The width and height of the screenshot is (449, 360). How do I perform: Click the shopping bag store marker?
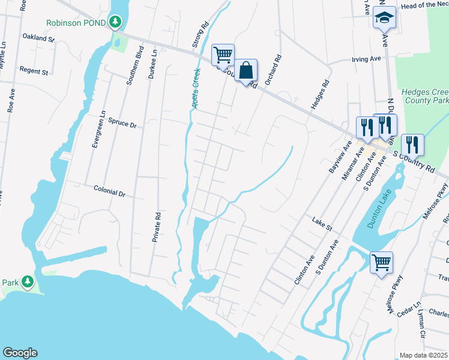click(246, 71)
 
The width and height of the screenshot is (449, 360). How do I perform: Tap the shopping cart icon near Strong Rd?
click(223, 55)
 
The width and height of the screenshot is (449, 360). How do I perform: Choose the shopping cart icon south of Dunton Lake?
click(381, 263)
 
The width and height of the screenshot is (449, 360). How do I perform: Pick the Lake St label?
click(322, 224)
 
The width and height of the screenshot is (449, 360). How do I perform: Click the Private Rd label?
click(158, 226)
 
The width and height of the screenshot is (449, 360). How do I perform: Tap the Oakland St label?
click(38, 38)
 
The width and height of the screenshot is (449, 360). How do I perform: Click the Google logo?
click(20, 353)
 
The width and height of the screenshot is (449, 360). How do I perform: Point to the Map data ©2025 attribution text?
click(423, 355)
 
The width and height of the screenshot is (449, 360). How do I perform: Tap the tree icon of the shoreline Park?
click(27, 281)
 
